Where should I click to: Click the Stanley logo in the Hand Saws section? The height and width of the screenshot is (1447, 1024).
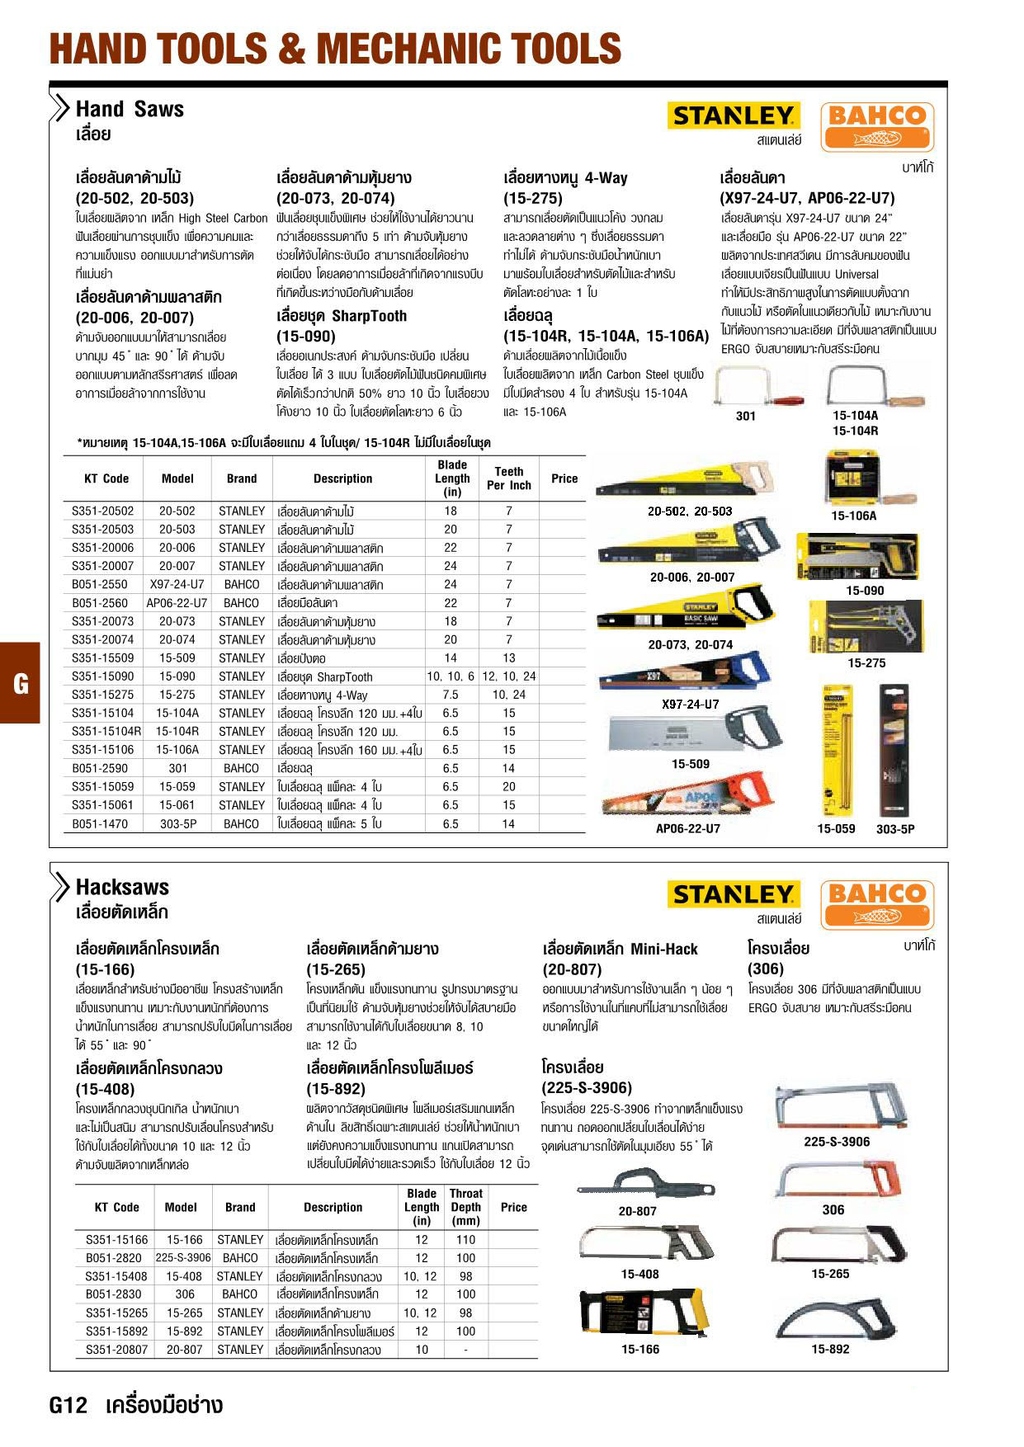point(732,116)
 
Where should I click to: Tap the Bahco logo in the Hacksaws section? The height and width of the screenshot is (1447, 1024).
point(877,904)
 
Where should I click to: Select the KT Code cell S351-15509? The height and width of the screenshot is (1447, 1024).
point(102,658)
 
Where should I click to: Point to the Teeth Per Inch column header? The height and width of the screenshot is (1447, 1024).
point(508,478)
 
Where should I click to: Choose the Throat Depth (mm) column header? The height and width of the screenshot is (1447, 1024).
point(465,1207)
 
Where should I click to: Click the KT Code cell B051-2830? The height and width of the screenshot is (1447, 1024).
point(114,1294)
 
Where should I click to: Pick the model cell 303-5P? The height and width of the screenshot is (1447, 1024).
point(177,824)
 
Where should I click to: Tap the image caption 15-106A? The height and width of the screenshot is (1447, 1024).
point(854,516)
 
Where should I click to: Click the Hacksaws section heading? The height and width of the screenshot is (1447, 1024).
point(122,888)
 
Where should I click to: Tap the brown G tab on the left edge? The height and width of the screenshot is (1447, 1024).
point(20,683)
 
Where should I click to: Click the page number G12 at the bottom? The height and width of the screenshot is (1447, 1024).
point(68,1406)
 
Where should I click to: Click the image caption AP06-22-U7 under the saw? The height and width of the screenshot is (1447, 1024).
point(688,829)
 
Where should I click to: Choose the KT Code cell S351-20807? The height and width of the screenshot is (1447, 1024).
point(117,1350)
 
